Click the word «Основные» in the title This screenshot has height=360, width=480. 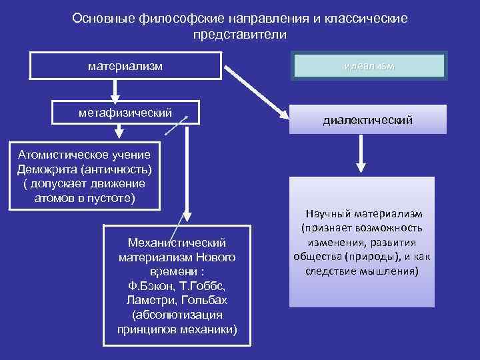104,19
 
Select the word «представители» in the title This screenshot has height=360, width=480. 239,33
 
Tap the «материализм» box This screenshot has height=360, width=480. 126,66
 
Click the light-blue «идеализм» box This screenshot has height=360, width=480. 369,66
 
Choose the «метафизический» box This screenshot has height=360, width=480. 125,112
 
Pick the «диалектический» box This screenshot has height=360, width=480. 367,121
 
